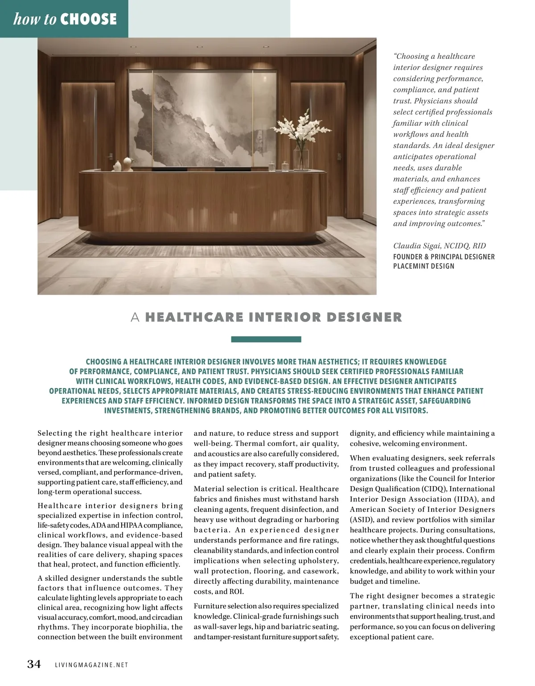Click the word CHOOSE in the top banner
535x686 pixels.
click(x=88, y=19)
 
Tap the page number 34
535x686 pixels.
click(x=34, y=664)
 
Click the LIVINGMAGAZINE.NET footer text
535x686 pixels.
click(x=91, y=665)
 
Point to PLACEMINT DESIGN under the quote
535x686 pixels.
click(x=424, y=266)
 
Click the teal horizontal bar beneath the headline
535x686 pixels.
click(x=266, y=339)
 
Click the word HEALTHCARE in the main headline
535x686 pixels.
click(x=194, y=318)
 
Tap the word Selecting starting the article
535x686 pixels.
click(x=55, y=433)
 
